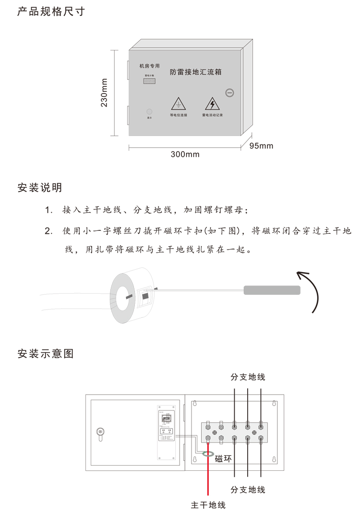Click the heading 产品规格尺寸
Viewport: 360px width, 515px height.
coord(51,12)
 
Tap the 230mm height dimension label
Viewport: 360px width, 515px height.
coord(104,93)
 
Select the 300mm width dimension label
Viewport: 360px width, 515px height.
coord(185,155)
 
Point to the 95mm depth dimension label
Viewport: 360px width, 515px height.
coord(261,145)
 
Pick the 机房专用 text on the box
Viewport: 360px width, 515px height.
coord(149,66)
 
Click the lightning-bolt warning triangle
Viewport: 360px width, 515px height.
coord(212,104)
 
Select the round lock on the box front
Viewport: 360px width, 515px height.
coord(230,93)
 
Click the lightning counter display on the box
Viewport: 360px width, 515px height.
coord(149,81)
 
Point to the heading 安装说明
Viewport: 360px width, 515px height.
coord(39,188)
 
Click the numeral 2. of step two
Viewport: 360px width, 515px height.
coord(48,231)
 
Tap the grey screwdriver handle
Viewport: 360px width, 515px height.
coord(272,290)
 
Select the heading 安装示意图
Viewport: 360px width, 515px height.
coord(45,354)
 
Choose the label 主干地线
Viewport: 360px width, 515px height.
coord(208,505)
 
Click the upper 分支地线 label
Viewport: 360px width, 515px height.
coord(247,377)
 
